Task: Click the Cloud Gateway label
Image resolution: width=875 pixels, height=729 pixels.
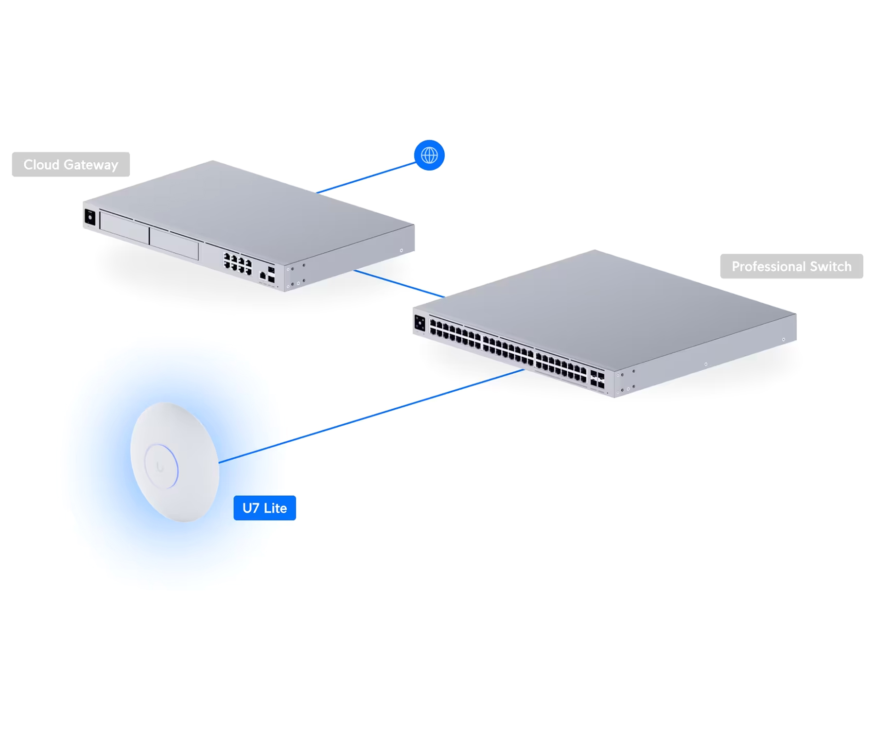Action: pyautogui.click(x=70, y=165)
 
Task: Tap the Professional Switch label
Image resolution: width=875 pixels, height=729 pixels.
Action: pyautogui.click(x=791, y=266)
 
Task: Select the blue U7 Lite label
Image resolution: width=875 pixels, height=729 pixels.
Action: pyautogui.click(x=264, y=508)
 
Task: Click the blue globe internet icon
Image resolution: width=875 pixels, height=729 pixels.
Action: pyautogui.click(x=429, y=155)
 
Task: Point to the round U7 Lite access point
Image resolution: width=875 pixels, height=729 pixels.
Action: pyautogui.click(x=175, y=462)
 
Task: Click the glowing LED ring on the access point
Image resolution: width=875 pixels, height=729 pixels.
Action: pyautogui.click(x=161, y=466)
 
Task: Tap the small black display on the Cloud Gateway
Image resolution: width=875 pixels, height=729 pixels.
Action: pyautogui.click(x=90, y=217)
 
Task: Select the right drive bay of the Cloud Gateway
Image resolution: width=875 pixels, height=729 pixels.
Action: pyautogui.click(x=174, y=244)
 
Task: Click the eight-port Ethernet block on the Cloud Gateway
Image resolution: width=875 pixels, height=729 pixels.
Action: pyautogui.click(x=238, y=263)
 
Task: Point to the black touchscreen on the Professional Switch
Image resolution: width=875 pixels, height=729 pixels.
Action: pyautogui.click(x=420, y=323)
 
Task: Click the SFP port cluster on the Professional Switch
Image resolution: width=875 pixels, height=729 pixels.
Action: pyautogui.click(x=597, y=380)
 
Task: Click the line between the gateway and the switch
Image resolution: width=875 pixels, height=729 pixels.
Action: pyautogui.click(x=399, y=283)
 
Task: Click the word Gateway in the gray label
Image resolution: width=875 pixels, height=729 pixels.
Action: pyautogui.click(x=91, y=165)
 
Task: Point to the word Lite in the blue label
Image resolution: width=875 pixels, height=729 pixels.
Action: pyautogui.click(x=275, y=508)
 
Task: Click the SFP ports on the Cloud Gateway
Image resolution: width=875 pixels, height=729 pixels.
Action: pyautogui.click(x=271, y=275)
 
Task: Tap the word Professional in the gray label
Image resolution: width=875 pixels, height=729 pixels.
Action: pyautogui.click(x=767, y=266)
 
